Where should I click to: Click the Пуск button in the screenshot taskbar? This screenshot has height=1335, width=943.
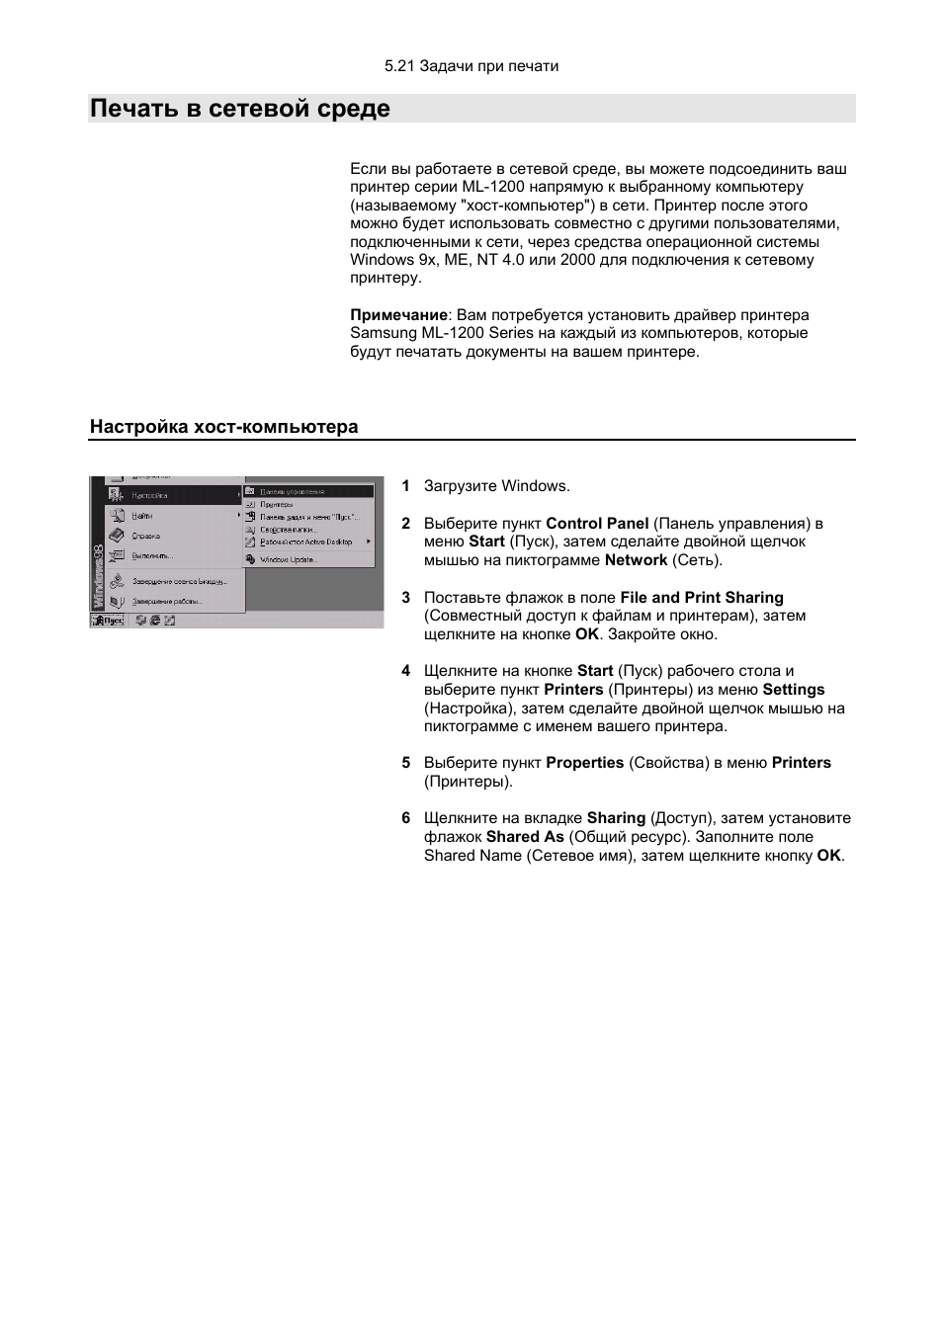[108, 621]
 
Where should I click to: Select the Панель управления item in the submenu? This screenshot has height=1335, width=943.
[292, 491]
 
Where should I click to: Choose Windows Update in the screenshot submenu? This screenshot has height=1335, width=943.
[287, 559]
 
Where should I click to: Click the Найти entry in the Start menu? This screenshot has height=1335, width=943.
[142, 516]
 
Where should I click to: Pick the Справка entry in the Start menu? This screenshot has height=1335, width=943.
[145, 536]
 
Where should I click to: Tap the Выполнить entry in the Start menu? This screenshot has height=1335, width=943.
[152, 555]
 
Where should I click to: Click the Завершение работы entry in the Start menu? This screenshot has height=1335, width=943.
[167, 601]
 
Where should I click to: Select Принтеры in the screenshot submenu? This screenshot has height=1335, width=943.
[276, 504]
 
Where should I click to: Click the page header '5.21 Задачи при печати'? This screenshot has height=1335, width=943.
[471, 66]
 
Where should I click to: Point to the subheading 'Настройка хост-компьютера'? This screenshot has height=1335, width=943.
[224, 427]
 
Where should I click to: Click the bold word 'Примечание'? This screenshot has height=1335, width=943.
[398, 315]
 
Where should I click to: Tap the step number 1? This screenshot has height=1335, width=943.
[405, 486]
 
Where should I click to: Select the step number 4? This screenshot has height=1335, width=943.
[405, 671]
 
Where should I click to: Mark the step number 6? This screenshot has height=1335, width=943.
[405, 818]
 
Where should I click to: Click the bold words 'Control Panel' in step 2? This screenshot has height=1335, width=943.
[597, 524]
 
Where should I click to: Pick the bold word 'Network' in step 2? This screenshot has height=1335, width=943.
[636, 560]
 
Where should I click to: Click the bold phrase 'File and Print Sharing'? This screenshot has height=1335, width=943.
[702, 598]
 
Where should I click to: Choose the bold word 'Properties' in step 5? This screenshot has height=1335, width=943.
[584, 763]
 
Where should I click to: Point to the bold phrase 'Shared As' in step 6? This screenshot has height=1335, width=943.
[525, 837]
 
